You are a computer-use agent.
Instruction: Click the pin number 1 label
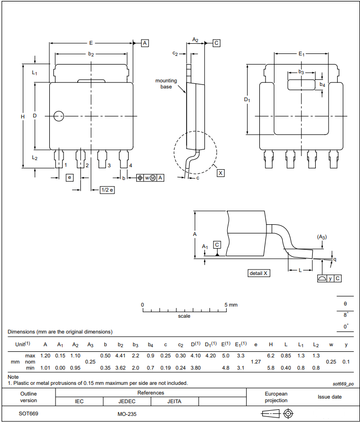66,165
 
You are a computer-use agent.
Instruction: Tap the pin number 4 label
131,165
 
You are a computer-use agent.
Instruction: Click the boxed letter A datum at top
145,43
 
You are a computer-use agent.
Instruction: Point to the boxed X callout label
220,173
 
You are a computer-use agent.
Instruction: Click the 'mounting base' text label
166,83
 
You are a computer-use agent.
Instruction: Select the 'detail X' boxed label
258,273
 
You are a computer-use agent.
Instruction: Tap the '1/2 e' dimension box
107,190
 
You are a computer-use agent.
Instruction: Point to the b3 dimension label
301,73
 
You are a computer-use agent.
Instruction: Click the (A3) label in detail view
321,237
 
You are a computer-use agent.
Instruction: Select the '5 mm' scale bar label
231,305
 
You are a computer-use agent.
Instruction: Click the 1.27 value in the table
256,361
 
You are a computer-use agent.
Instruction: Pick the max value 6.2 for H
271,355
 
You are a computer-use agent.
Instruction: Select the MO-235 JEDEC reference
126,414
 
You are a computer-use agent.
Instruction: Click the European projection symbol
277,413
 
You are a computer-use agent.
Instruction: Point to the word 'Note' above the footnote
13,377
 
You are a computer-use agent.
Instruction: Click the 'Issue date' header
329,397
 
